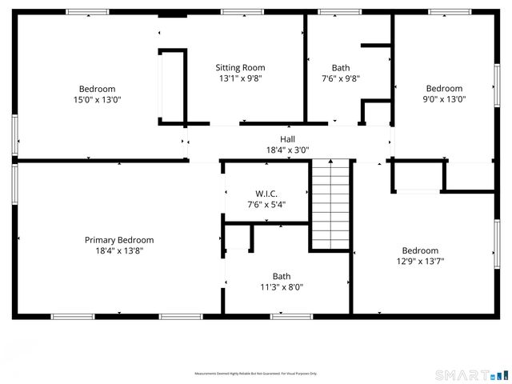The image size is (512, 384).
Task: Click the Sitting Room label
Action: coord(240,68)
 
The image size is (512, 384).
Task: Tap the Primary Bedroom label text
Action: coord(119,240)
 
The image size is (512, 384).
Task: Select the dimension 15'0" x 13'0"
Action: coord(97,100)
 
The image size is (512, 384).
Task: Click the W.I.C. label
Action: coord(266,194)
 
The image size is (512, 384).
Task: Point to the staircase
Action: coord(331,204)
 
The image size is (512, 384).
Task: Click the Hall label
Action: coord(287,139)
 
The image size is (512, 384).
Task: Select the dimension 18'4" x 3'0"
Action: coord(287,150)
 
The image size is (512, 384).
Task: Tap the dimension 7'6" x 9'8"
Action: coord(341,79)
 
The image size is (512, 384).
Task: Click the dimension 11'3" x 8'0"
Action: coord(282,287)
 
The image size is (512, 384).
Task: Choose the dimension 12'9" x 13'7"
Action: coord(420,261)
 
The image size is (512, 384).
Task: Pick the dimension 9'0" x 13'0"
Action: coord(444,100)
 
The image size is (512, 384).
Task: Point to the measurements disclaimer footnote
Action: coord(256,374)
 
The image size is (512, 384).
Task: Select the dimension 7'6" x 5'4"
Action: coord(266,205)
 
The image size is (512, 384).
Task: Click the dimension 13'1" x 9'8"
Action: coord(240,79)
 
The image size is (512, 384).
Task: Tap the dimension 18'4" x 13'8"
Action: coord(119,250)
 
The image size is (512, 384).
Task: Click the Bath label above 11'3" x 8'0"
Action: coord(282,276)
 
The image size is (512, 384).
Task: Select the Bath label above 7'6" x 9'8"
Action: coord(341,68)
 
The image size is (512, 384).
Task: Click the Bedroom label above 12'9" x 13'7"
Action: coord(420,250)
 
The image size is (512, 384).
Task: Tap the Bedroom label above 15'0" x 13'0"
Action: coord(97,89)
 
